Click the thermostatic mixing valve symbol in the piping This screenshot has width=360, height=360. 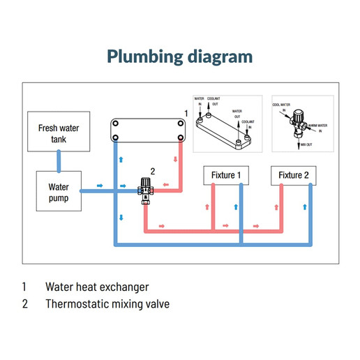[145, 189]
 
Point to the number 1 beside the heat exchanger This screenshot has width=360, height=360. [186, 112]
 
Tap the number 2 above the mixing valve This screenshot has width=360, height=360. [152, 171]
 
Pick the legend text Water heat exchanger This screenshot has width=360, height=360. [97, 287]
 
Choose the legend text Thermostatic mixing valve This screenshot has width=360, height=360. [107, 304]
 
